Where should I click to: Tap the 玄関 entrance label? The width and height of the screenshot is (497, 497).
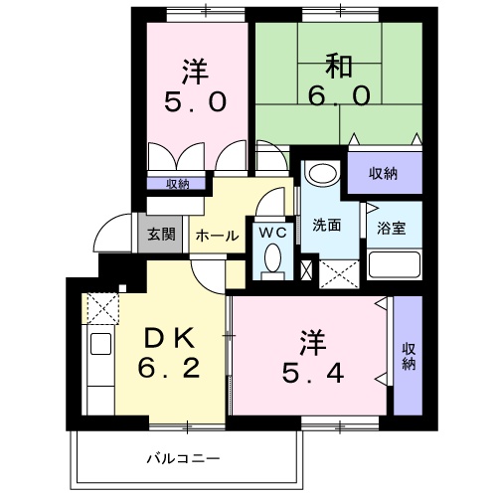(x=162, y=235)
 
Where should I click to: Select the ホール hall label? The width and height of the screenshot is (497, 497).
(x=216, y=236)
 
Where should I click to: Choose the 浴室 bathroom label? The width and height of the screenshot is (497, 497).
(x=390, y=226)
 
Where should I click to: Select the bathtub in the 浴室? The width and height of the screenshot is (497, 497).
(x=395, y=265)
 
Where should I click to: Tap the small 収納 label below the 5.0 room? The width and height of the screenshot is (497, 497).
(x=177, y=183)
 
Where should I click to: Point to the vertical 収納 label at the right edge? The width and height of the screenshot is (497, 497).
(x=408, y=357)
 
